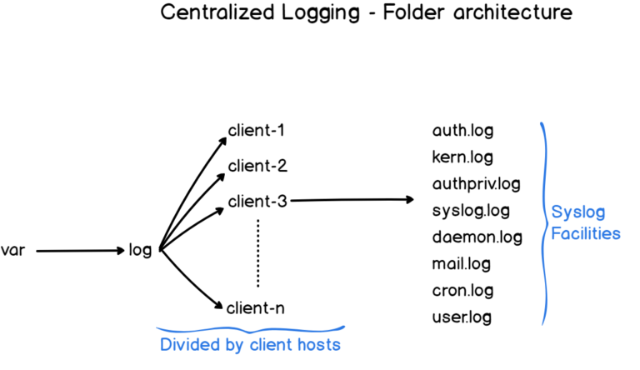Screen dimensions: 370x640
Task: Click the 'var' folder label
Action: [x=14, y=250]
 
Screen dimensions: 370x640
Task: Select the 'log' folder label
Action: [x=140, y=250]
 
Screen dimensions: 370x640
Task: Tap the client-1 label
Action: [x=256, y=131]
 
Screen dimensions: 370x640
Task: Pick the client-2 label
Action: [x=257, y=166]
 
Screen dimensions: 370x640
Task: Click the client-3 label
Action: [x=257, y=201]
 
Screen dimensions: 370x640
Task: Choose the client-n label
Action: [x=256, y=307]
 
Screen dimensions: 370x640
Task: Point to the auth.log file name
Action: [x=462, y=131]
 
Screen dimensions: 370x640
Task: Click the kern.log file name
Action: [x=462, y=157]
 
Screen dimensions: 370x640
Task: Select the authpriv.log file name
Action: [x=476, y=183]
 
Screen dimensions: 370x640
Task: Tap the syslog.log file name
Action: [x=471, y=210]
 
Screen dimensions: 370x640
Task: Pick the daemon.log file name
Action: [x=477, y=237]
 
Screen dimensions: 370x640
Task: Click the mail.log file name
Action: [x=461, y=263]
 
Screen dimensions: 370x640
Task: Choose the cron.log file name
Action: [x=462, y=290]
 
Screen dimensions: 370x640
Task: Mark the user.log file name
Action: [x=462, y=317]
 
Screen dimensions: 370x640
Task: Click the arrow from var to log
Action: [x=80, y=250]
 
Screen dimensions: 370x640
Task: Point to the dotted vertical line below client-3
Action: [x=258, y=252]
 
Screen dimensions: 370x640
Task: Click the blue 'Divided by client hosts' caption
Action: [x=250, y=343]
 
